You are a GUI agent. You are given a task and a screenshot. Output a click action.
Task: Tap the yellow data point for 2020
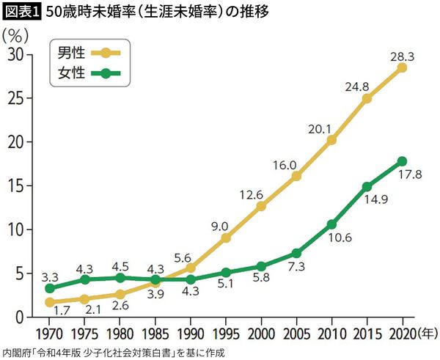(402, 67)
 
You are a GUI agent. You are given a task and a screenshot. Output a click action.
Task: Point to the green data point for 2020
(402, 161)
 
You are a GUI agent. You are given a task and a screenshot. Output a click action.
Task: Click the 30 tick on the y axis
(15, 55)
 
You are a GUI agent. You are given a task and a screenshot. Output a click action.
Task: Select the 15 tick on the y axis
(15, 185)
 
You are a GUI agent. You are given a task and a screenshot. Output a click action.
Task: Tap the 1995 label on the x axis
(226, 331)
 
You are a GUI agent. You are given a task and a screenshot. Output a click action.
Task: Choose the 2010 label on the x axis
(331, 331)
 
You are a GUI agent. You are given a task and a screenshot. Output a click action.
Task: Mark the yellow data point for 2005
(296, 176)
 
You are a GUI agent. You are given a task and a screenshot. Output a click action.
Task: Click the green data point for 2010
(331, 224)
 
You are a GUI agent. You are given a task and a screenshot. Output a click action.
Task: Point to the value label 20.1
(320, 127)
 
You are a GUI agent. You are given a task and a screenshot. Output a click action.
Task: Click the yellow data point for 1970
(50, 302)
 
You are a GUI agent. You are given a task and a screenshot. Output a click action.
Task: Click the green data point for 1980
(120, 278)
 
